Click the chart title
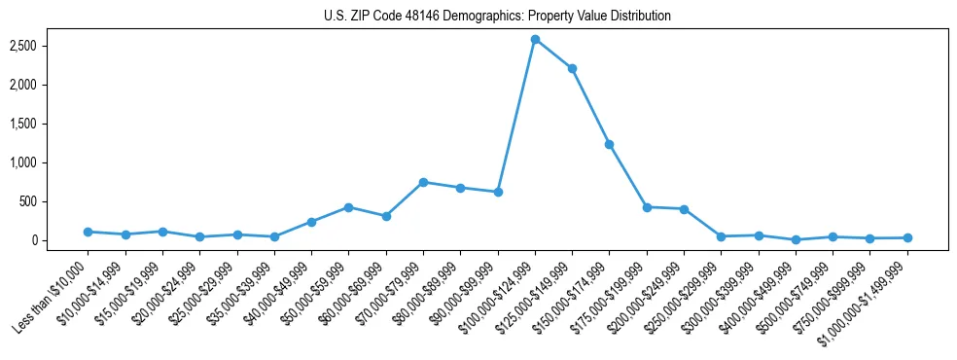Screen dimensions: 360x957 pos(497,17)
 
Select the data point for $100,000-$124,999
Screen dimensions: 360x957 pos(535,39)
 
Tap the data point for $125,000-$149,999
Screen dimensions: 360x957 pos(572,68)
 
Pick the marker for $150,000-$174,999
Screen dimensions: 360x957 pos(609,144)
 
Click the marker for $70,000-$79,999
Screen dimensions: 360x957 pos(423,182)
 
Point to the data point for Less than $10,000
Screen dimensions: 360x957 pos(88,232)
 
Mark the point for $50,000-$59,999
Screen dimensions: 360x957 pos(348,207)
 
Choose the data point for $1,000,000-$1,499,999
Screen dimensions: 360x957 pos(907,237)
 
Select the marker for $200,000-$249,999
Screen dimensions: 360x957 pos(684,209)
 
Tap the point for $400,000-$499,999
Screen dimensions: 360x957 pos(796,239)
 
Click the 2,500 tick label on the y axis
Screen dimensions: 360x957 pos(50,46)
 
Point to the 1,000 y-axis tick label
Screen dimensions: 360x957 pos(50,162)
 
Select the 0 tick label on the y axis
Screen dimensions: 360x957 pos(59,240)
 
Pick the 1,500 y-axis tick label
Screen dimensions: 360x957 pos(50,124)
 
